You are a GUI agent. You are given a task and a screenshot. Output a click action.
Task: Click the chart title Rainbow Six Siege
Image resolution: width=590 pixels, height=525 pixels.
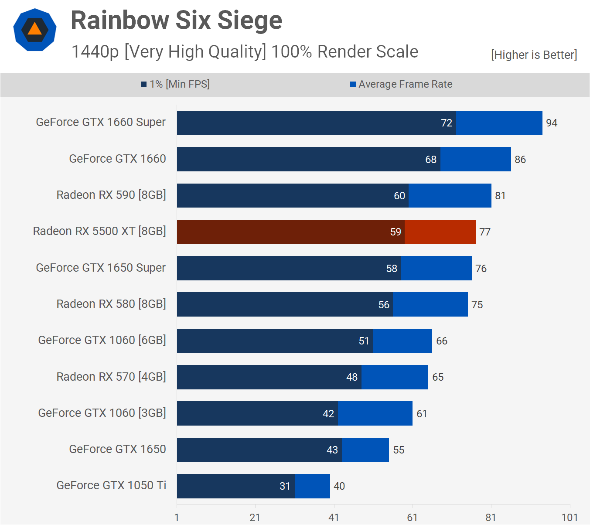click(x=176, y=20)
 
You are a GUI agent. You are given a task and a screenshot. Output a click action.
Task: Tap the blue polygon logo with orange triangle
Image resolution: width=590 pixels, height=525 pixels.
click(x=35, y=30)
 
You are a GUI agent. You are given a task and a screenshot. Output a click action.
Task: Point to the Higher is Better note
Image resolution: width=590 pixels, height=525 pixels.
click(x=534, y=55)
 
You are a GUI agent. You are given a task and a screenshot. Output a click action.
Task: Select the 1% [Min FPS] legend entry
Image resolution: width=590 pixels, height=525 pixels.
click(x=175, y=84)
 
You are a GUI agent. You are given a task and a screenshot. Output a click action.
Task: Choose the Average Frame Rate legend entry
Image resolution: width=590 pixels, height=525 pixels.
click(x=401, y=84)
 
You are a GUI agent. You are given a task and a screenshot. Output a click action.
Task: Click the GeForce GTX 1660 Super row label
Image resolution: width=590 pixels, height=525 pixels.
click(x=101, y=122)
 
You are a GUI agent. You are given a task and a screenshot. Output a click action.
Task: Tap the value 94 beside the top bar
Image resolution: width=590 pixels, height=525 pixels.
click(x=552, y=123)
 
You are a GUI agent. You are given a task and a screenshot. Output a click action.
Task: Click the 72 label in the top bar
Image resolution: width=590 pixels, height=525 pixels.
click(x=447, y=123)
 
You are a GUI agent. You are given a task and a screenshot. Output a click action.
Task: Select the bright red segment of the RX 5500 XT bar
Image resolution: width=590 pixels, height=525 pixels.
click(x=440, y=232)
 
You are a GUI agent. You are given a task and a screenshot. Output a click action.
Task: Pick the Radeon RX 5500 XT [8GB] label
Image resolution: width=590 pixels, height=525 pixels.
click(x=99, y=231)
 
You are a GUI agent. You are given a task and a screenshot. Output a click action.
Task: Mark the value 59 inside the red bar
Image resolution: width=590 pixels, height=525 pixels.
click(x=396, y=232)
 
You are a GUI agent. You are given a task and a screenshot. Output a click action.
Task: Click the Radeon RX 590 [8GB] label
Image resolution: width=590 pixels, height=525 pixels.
click(x=111, y=195)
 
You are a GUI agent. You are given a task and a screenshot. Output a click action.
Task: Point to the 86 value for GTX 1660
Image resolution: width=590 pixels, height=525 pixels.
click(x=520, y=160)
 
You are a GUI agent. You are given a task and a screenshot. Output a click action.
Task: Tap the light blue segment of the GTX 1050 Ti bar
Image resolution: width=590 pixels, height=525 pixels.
click(x=312, y=486)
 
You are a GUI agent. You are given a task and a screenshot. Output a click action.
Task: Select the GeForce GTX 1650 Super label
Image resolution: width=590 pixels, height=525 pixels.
click(x=101, y=268)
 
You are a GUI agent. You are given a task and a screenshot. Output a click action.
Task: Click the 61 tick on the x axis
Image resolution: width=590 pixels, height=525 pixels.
click(x=413, y=518)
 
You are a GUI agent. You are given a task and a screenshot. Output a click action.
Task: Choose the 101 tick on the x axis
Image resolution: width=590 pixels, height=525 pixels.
click(x=570, y=518)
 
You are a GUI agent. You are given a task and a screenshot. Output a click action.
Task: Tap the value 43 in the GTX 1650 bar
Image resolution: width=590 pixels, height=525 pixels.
click(x=332, y=450)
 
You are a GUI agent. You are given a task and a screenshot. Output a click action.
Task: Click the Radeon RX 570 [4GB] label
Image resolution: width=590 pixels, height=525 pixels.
click(x=111, y=377)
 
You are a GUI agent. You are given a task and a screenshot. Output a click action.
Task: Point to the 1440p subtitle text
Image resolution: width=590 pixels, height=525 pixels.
click(x=244, y=52)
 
